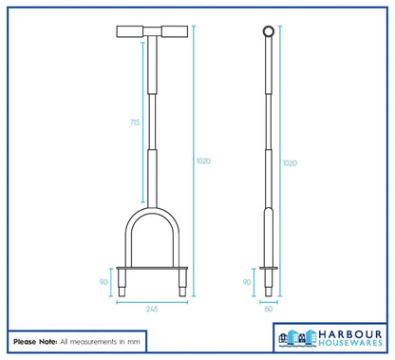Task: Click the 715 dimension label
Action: pos(135,122)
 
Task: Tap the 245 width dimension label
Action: pos(152,309)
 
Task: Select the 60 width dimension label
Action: pos(269,309)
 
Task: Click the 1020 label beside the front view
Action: pos(203,161)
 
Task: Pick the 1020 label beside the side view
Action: pos(290,163)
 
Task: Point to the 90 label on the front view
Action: pos(103,282)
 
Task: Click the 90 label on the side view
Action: pos(247,282)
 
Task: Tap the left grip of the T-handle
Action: pos(130,31)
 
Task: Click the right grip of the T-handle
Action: pos(175,31)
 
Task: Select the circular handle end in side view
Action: pos(269,31)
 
